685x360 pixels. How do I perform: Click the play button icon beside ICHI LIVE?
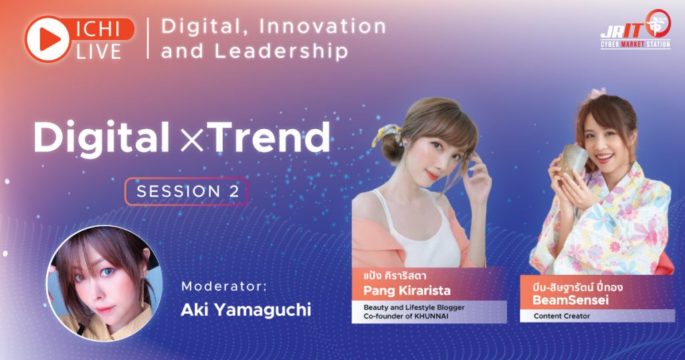pyautogui.click(x=47, y=39)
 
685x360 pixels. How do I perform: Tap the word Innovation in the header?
pyautogui.click(x=323, y=26)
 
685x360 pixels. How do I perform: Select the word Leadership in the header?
pyautogui.click(x=281, y=51)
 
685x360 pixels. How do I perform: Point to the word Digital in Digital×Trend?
pyautogui.click(x=102, y=137)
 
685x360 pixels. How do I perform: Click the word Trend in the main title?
pyautogui.click(x=270, y=137)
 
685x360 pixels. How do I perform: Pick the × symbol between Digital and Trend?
pyautogui.click(x=191, y=141)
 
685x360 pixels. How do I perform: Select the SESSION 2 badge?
pyautogui.click(x=187, y=191)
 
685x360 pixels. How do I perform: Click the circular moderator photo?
pyautogui.click(x=104, y=282)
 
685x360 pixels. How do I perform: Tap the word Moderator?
pyautogui.click(x=224, y=286)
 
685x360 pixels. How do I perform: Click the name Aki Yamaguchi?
pyautogui.click(x=246, y=309)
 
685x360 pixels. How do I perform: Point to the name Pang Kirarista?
pyautogui.click(x=407, y=290)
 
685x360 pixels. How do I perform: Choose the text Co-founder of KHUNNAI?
pyautogui.click(x=406, y=316)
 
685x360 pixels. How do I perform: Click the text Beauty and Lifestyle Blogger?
pyautogui.click(x=414, y=307)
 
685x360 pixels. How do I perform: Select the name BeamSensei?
pyautogui.click(x=571, y=300)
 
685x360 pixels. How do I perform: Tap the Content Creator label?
pyautogui.click(x=562, y=316)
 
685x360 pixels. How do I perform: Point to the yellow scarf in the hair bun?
pyautogui.click(x=385, y=134)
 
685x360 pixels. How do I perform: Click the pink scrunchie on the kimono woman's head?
pyautogui.click(x=596, y=93)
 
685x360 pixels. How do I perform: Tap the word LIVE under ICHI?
pyautogui.click(x=99, y=52)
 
